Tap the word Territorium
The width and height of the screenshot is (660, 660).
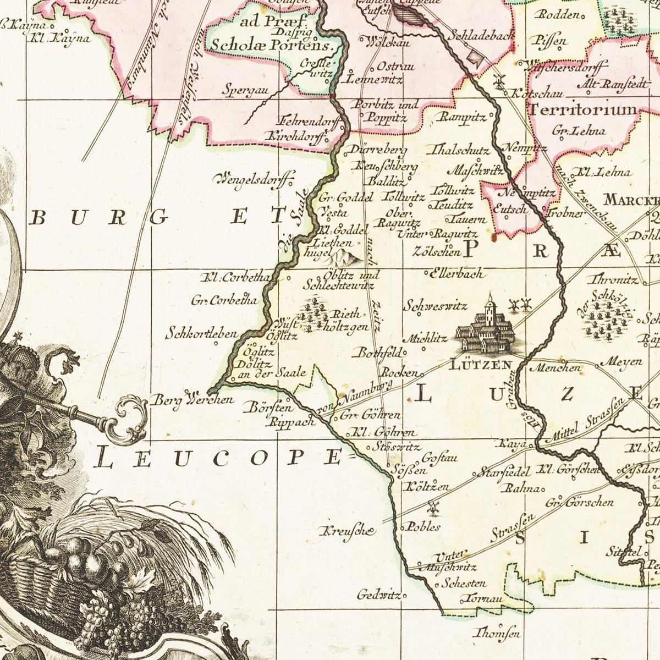585,109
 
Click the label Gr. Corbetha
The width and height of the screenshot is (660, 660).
224,301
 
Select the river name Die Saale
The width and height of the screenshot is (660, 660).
293,223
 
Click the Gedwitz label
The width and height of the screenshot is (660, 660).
380,595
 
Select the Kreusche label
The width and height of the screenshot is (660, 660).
348,531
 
